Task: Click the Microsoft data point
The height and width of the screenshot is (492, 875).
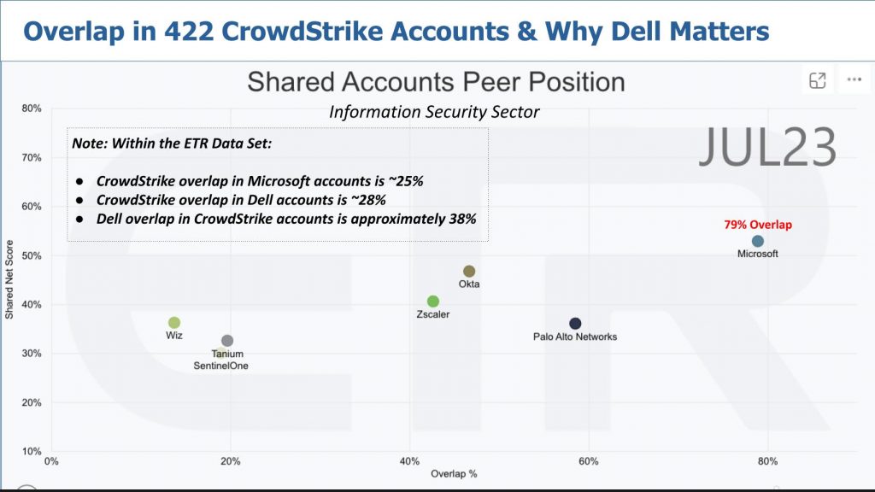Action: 757,242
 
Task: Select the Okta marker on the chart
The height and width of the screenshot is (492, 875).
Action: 469,272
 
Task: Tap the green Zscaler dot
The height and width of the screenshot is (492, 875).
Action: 433,302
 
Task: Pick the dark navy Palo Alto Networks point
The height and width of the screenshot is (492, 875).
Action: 575,324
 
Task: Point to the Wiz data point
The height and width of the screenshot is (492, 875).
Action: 174,323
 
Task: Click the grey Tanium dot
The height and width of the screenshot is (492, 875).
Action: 227,341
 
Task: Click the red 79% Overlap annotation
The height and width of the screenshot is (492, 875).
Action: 758,225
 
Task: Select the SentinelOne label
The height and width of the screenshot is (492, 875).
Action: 221,366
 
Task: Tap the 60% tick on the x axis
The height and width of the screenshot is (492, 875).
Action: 588,462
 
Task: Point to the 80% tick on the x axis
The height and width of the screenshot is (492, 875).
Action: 766,462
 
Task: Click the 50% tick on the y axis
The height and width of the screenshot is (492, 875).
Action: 32,255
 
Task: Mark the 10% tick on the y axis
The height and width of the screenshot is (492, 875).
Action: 32,451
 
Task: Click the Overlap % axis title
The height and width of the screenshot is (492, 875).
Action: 454,473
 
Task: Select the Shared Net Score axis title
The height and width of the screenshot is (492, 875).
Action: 9,279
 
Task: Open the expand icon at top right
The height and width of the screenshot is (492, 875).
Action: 818,80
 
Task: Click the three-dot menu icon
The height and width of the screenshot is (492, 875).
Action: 854,80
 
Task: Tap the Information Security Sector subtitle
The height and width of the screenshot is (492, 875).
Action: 434,112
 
